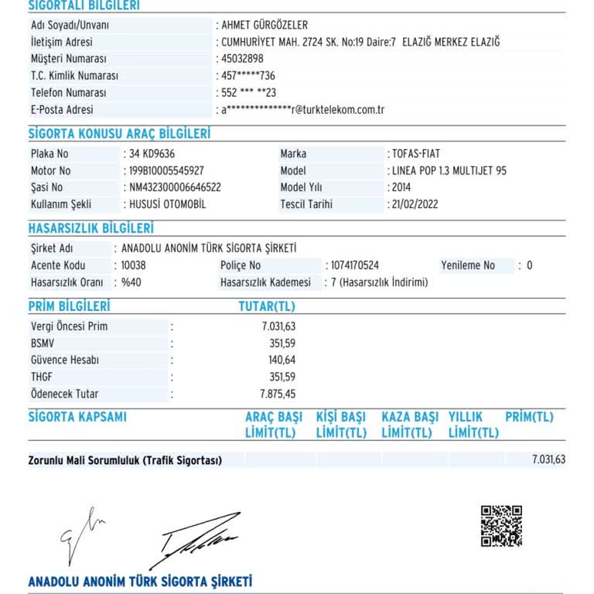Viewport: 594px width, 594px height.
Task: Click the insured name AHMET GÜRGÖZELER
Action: [264, 25]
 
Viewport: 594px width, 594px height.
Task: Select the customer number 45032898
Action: [242, 59]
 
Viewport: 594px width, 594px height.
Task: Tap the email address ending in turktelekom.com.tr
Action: [303, 110]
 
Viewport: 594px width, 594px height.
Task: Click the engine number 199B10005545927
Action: [166, 171]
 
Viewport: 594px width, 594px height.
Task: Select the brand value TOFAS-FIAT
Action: [416, 154]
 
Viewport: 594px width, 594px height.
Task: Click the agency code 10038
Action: [134, 265]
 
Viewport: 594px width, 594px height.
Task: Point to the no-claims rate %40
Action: [131, 282]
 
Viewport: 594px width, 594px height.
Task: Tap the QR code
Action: [501, 526]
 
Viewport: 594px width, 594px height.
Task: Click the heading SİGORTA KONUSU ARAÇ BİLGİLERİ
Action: [119, 134]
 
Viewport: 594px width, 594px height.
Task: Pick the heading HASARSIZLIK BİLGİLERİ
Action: [90, 228]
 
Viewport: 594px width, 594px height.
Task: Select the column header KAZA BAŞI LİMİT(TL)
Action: [410, 425]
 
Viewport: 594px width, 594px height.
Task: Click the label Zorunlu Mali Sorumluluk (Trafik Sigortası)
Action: [125, 460]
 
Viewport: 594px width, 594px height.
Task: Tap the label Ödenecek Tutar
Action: [64, 394]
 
